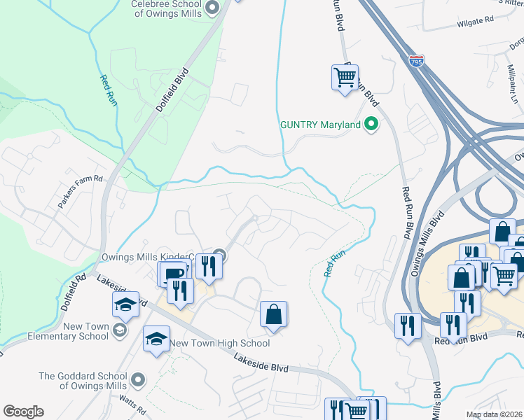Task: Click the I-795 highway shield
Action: [x=417, y=62]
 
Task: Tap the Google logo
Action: [x=23, y=412]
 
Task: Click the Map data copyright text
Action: [x=495, y=414]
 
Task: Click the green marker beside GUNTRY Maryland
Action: [x=372, y=125]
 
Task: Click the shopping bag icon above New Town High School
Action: [x=273, y=314]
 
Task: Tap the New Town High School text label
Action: [x=220, y=343]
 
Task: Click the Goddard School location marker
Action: [x=138, y=380]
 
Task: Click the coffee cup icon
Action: [x=173, y=272]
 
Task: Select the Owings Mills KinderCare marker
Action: [x=220, y=255]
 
